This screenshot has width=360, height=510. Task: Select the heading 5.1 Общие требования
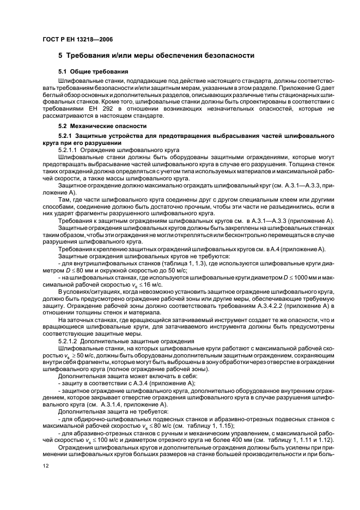point(93,71)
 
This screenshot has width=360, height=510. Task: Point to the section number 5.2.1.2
point(69,341)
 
